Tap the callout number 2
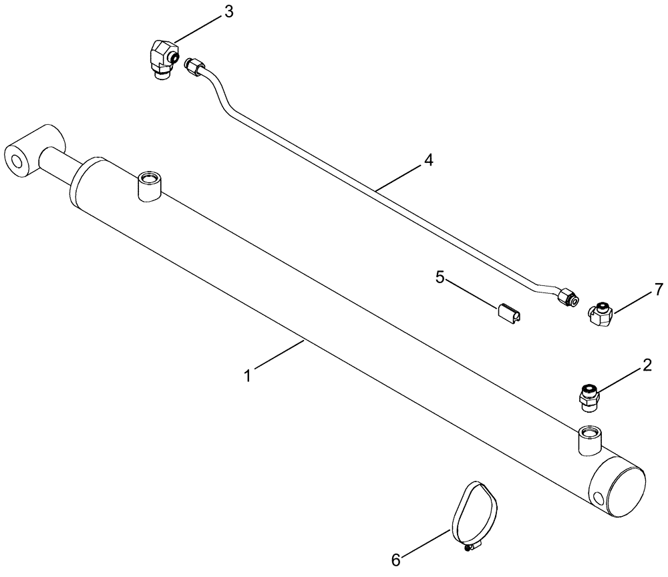pos(647,365)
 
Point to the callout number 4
pos(428,160)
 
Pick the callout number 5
pos(440,276)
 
